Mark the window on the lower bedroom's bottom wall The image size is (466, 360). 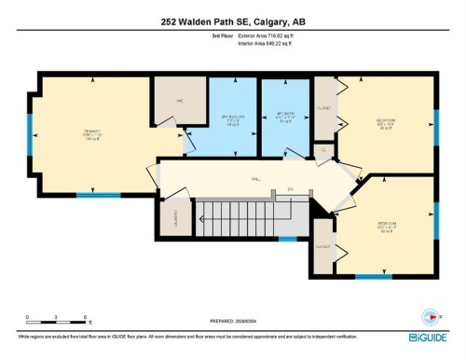[x=373, y=277]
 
